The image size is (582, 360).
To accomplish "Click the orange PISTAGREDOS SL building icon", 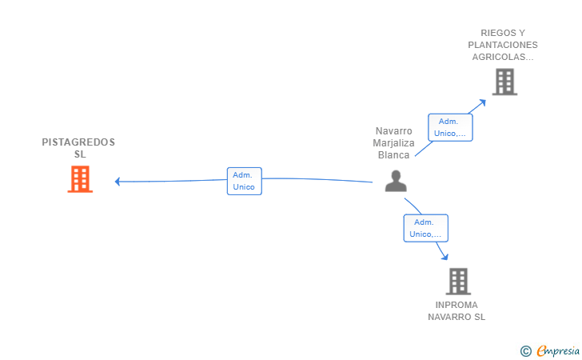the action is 80,179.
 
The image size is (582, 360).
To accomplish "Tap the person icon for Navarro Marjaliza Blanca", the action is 396,181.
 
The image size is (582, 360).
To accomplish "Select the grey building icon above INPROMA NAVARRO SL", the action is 458,282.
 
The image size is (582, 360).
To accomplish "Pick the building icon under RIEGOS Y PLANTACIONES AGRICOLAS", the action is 504,82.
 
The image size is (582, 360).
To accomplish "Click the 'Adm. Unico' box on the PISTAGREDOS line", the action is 245,181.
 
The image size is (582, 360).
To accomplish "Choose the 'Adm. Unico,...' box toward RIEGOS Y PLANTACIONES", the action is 450,127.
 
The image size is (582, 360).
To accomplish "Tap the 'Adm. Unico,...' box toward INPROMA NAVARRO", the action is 426,228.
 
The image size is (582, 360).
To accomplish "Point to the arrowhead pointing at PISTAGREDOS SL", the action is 118,182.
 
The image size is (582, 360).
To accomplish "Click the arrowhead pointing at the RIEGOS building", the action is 483,102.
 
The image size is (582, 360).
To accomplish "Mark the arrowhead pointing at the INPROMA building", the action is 445,256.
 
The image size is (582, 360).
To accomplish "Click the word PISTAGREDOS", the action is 78,142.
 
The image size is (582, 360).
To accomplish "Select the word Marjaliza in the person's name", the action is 393,143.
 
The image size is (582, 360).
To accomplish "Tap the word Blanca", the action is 393,155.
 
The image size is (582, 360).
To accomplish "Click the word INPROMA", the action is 456,305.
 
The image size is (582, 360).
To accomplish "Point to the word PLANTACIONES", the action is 503,45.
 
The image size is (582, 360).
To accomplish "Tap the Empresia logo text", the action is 557,350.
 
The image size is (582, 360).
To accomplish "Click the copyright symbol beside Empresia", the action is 525,351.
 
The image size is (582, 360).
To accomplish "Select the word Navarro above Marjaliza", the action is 393,131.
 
